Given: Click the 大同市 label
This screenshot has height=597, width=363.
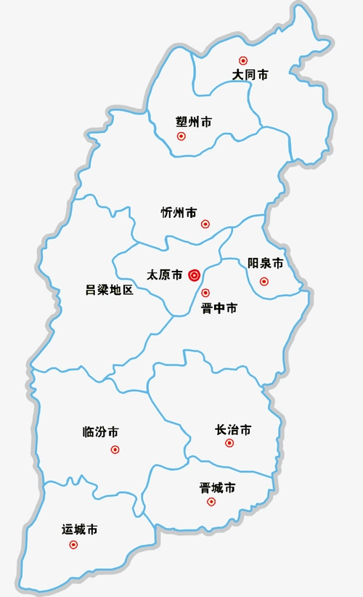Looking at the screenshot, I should click(250, 75).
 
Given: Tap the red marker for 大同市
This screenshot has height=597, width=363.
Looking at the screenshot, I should click(243, 61).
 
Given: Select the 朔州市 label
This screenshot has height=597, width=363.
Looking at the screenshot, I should click(194, 121).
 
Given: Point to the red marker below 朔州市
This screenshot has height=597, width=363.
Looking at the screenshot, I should click(181, 136).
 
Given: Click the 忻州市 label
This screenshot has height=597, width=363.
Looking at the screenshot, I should click(179, 213).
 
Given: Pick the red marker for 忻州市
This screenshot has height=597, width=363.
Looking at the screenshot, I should click(205, 224).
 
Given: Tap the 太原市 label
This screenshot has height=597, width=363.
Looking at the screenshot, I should click(165, 275).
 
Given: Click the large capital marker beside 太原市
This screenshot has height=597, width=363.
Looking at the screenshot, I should click(194, 275).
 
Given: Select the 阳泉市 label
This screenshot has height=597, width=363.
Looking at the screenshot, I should click(265, 263).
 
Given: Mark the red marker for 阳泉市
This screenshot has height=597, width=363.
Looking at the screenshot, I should click(264, 281).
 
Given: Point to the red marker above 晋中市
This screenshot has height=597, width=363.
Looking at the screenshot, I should click(205, 293).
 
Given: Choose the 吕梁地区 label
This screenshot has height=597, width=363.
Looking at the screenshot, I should click(110, 291).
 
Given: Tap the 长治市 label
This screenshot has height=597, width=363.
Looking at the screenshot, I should click(234, 430).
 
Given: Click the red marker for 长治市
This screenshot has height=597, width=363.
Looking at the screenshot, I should click(229, 443).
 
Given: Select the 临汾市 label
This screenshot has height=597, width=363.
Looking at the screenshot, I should click(101, 432).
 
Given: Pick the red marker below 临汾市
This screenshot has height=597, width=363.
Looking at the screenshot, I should click(115, 450).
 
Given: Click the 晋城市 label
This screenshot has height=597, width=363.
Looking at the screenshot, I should click(218, 488).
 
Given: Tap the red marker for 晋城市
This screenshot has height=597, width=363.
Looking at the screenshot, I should click(211, 501).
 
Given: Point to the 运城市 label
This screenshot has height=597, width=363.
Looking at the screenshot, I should click(80, 529).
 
